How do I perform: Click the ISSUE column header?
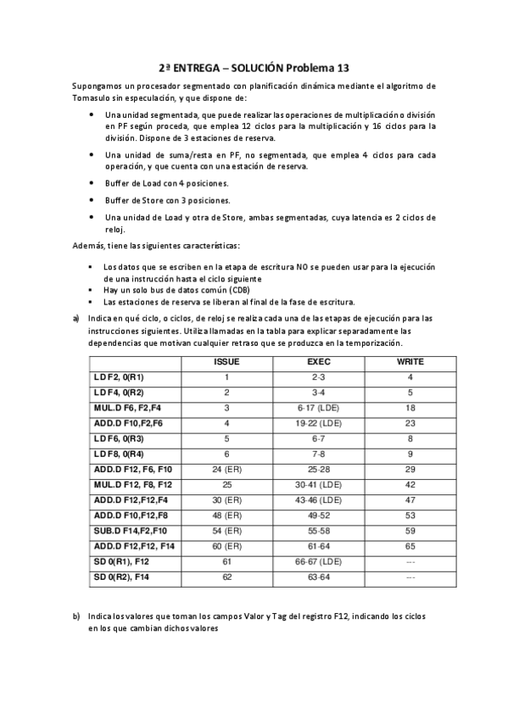tap(227, 361)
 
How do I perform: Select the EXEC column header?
tap(318, 361)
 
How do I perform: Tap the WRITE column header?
tap(410, 361)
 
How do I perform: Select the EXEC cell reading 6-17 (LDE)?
tap(318, 407)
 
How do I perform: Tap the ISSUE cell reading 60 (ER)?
tap(227, 545)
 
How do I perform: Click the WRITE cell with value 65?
tap(410, 545)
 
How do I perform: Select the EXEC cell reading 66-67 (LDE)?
tap(318, 560)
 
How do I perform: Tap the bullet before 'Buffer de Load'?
tap(91, 183)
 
